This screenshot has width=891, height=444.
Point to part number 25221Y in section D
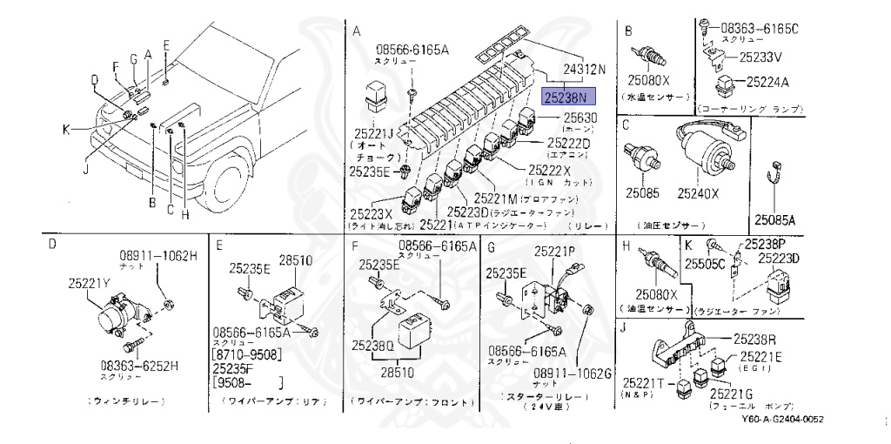(90, 282)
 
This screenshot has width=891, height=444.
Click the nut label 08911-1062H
(158, 256)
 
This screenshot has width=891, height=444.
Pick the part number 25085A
(776, 219)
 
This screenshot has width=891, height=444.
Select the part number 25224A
(764, 83)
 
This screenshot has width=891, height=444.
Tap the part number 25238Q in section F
(373, 345)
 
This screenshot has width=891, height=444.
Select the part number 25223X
(372, 212)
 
